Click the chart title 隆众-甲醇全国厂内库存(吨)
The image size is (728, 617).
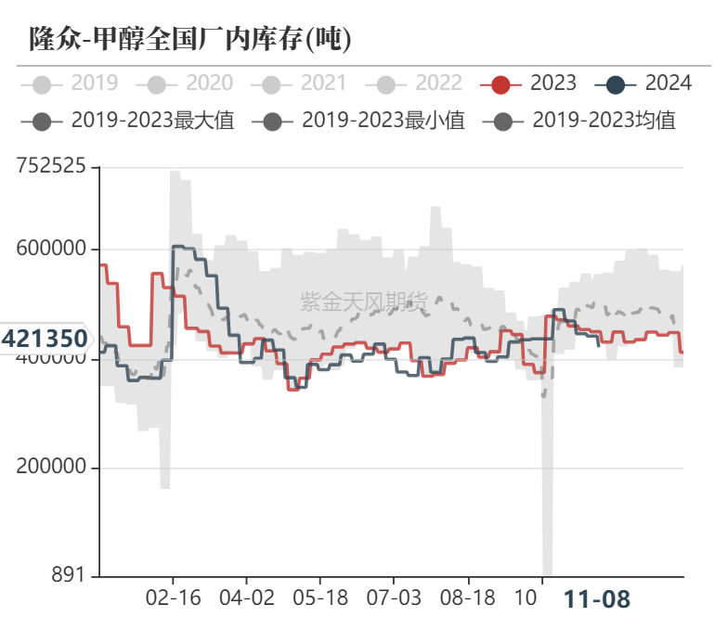coord(190,39)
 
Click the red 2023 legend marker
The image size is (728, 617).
coord(501,84)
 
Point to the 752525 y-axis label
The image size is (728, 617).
coord(51,167)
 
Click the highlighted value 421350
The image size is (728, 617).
coord(45,339)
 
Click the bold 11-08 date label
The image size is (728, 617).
coord(597,599)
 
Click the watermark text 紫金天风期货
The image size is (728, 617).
coord(364,301)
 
